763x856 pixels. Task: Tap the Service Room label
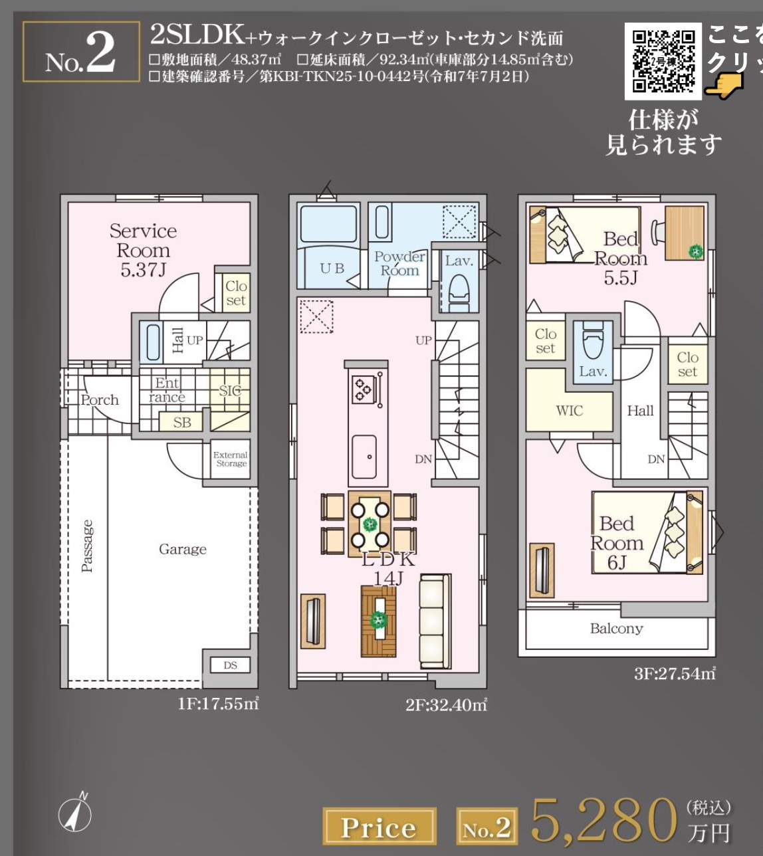pyautogui.click(x=143, y=250)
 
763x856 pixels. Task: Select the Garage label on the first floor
pyautogui.click(x=182, y=550)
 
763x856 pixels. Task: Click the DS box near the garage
pyautogui.click(x=230, y=665)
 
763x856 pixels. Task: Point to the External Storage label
pyautogui.click(x=231, y=459)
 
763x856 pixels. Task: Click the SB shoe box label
pyautogui.click(x=181, y=423)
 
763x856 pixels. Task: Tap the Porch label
pyautogui.click(x=100, y=400)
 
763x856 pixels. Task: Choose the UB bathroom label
pyautogui.click(x=332, y=268)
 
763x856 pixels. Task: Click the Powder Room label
pyautogui.click(x=399, y=264)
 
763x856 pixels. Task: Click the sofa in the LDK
pyautogui.click(x=435, y=621)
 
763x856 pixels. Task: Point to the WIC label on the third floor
pyautogui.click(x=569, y=411)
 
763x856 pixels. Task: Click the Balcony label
pyautogui.click(x=616, y=629)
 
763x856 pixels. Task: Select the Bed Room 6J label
pyautogui.click(x=617, y=543)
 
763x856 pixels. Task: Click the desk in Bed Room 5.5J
pyautogui.click(x=685, y=233)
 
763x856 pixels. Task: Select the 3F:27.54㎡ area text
pyautogui.click(x=674, y=674)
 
